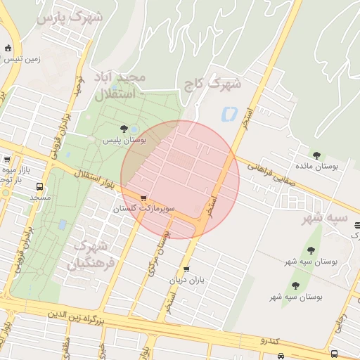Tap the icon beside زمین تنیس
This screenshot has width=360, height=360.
[8, 49]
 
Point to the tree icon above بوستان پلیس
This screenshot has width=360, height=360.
[124, 129]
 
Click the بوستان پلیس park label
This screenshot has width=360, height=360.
[124, 141]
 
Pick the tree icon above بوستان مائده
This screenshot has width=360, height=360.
[316, 155]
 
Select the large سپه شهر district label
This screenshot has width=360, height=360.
[325, 218]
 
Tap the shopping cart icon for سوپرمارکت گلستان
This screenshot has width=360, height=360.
[144, 198]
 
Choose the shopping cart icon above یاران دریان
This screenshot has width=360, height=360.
[186, 269]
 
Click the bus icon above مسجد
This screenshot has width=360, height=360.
[39, 187]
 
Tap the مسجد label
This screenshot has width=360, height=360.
[39, 198]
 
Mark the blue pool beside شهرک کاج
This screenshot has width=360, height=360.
[229, 112]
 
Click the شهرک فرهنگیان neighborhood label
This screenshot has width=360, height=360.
[89, 255]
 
